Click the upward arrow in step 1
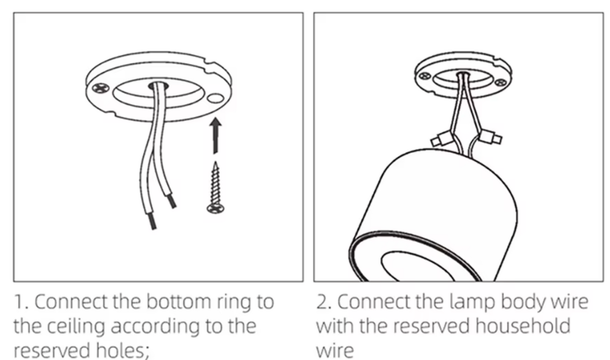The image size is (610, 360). click(215, 135)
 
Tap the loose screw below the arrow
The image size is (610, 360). click(216, 188)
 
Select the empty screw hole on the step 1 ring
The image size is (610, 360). click(215, 98)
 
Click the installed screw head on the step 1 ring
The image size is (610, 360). click(101, 88)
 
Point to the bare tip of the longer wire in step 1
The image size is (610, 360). click(152, 221)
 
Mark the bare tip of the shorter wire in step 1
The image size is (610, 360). click(171, 201)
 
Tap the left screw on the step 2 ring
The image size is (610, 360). click(425, 76)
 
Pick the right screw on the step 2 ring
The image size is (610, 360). click(501, 82)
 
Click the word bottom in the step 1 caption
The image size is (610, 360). click(179, 301)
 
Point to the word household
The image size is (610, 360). click(523, 326)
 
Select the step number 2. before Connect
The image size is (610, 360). click(324, 302)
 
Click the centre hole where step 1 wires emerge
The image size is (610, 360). click(158, 87)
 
